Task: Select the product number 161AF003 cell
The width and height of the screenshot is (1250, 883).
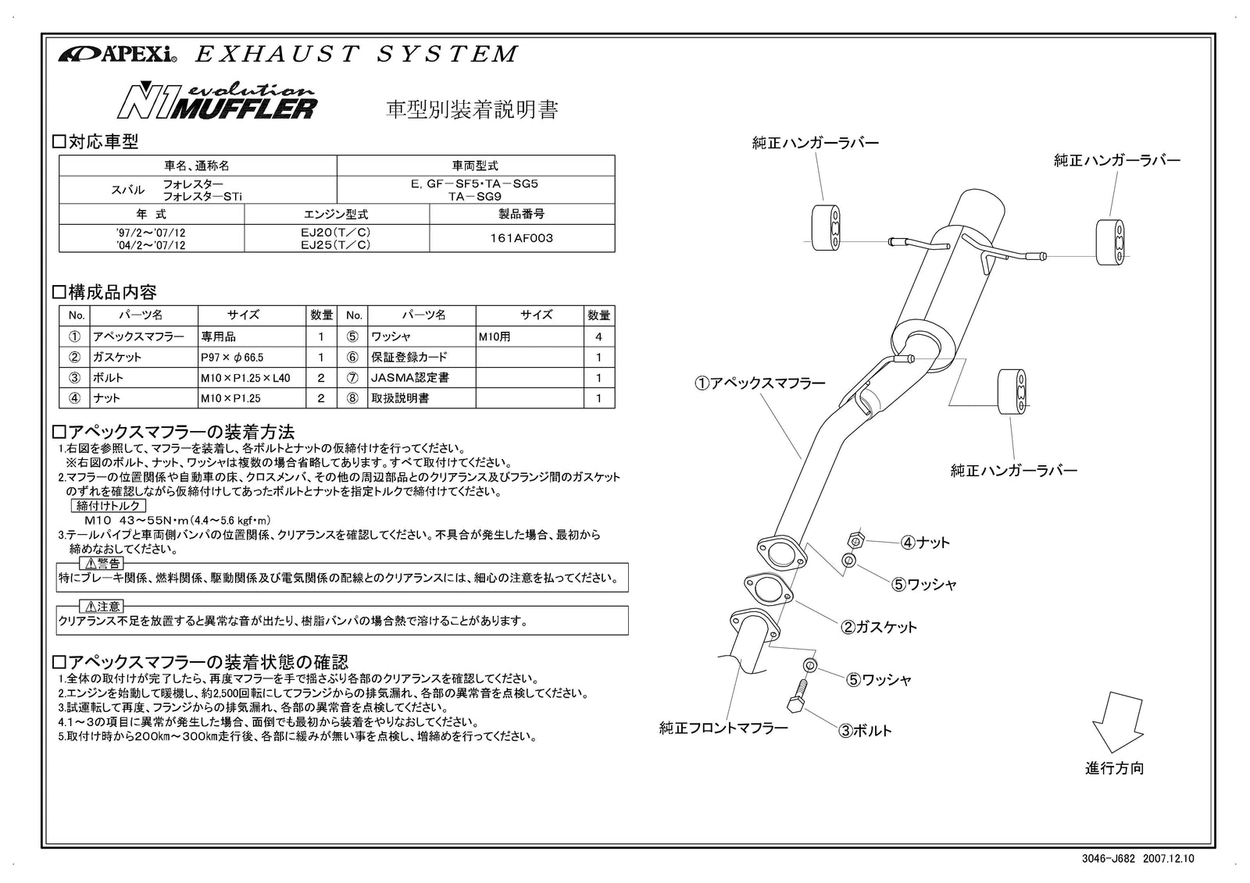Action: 521,238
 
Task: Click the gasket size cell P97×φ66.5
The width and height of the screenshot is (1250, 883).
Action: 232,358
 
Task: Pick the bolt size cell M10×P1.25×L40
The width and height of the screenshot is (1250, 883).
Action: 245,378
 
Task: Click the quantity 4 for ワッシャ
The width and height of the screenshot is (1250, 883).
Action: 598,337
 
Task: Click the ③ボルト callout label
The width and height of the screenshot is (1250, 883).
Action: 865,732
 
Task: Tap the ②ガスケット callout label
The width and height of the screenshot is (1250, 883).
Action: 878,627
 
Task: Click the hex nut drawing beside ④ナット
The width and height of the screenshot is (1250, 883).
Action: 855,540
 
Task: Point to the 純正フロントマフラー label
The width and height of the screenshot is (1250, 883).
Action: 723,728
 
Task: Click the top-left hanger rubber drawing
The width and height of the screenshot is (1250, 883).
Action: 825,228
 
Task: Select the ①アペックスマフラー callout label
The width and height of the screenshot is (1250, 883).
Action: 759,383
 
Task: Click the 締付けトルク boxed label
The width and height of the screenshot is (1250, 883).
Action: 102,506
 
